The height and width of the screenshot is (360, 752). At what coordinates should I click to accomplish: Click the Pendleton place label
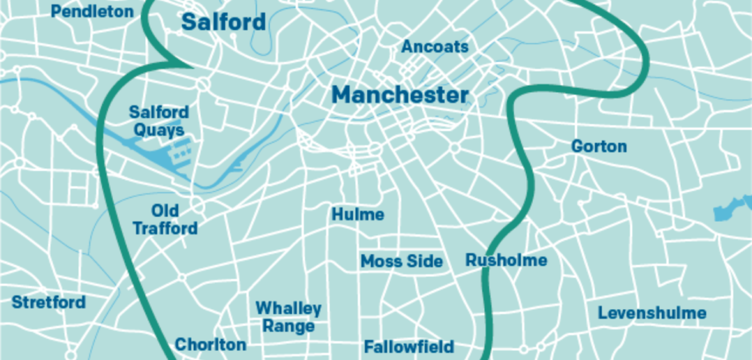(92, 12)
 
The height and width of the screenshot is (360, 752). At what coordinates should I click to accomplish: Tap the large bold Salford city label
(223, 22)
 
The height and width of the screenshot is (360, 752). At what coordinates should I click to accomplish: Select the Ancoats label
(435, 47)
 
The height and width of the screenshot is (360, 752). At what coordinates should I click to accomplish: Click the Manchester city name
(400, 95)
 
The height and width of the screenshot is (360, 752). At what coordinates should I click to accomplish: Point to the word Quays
(160, 130)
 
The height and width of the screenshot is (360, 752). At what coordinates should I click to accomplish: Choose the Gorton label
(599, 147)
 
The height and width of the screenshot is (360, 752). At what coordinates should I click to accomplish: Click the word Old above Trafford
(165, 211)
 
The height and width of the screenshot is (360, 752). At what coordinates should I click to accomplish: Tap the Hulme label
(357, 214)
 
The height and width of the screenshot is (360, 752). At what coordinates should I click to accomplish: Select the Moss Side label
(401, 262)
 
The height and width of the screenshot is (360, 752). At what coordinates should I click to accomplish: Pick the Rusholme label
(506, 261)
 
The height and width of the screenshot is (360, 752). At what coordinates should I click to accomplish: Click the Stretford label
(49, 303)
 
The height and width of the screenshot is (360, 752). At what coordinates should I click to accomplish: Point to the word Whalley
(288, 308)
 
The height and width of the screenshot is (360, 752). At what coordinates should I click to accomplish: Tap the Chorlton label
(210, 345)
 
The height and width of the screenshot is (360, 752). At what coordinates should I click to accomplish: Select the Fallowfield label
(409, 347)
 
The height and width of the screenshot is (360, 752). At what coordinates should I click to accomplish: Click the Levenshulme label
(652, 313)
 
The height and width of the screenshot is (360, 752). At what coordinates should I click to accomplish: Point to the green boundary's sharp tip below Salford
(190, 67)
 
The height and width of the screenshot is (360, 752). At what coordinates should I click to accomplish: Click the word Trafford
(165, 228)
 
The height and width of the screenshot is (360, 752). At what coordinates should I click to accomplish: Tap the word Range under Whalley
(288, 326)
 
